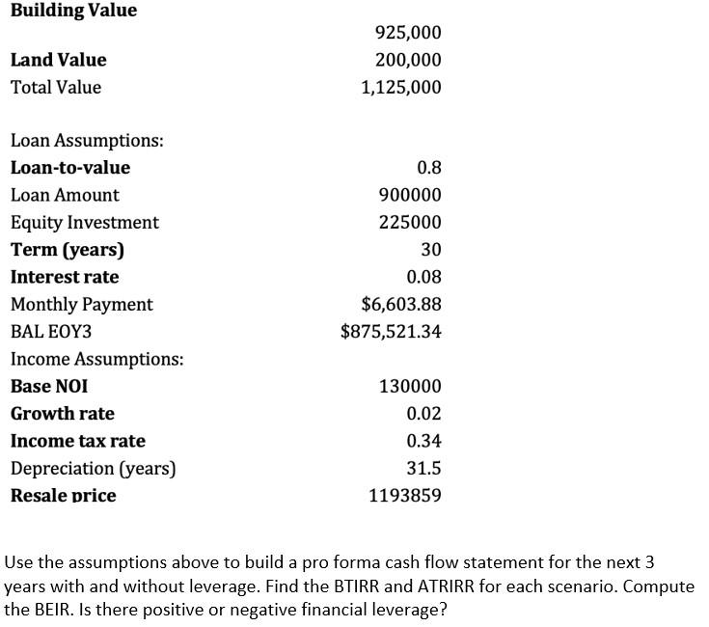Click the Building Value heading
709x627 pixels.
tap(74, 11)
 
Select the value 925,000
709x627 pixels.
tap(407, 33)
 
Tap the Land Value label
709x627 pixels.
tap(59, 60)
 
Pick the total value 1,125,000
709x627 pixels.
tap(400, 88)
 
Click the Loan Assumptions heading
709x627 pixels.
tap(87, 141)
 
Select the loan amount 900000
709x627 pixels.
tap(411, 195)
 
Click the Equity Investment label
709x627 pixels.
tap(85, 223)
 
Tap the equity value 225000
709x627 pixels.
tap(411, 223)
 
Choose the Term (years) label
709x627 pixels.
tap(68, 250)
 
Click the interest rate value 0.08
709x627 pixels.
tap(424, 278)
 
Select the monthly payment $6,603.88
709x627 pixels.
tap(401, 305)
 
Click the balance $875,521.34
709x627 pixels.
tap(392, 332)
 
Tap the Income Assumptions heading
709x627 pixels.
tap(97, 360)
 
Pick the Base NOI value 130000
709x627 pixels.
tap(411, 387)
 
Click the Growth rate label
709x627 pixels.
tap(63, 414)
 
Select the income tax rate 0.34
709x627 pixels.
tap(424, 442)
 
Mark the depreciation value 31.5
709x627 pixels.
tap(424, 469)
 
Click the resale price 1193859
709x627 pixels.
tap(405, 496)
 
